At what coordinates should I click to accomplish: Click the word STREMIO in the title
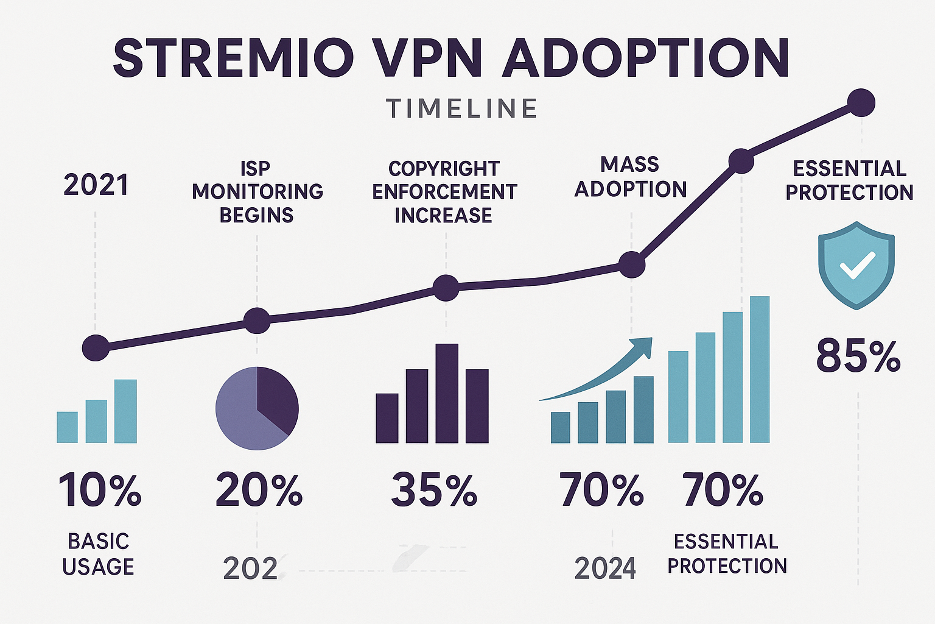[234, 58]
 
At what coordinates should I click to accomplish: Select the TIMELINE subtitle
[461, 108]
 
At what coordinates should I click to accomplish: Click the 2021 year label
[96, 185]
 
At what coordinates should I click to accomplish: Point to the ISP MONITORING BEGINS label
[257, 191]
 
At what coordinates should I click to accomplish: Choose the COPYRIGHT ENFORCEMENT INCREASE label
[444, 191]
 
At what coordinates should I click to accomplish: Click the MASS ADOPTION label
[631, 177]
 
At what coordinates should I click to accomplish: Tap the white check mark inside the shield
[856, 265]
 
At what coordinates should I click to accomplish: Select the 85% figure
[858, 356]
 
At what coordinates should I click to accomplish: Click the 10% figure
[100, 490]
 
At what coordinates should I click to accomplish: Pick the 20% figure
[259, 490]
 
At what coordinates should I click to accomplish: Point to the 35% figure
[433, 490]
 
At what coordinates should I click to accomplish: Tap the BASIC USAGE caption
[98, 553]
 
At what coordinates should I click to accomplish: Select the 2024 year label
[605, 569]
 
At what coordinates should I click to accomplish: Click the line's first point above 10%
[96, 349]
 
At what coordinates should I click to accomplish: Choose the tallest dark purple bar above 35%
[447, 393]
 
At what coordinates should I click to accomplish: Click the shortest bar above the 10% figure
[67, 427]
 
